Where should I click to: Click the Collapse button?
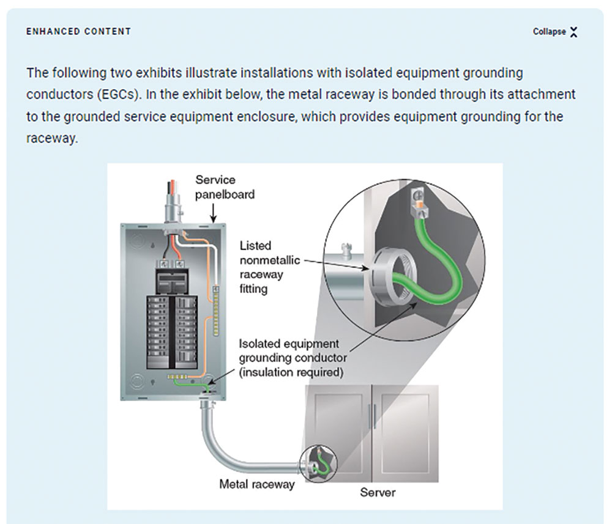coord(554,32)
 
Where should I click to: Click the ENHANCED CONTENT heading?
coord(78,31)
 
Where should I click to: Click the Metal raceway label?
coord(257,484)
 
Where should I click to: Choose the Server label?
coord(377,492)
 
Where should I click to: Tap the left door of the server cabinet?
coord(338,428)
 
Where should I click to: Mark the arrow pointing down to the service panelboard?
coord(213,213)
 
